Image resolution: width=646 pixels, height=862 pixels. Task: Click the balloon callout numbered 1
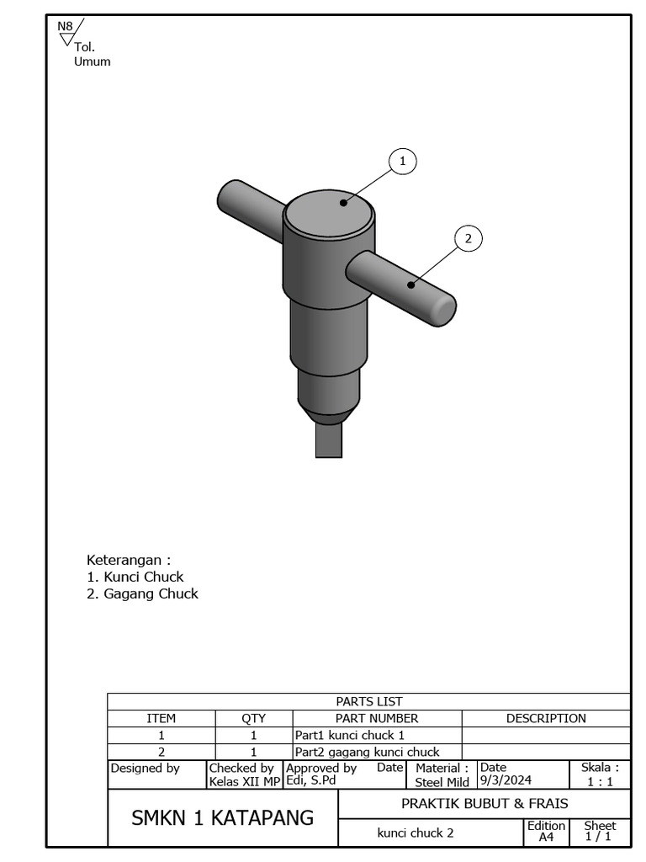(402, 161)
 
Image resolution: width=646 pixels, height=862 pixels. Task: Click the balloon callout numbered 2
(469, 238)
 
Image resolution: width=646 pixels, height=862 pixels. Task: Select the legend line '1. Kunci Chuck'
(135, 577)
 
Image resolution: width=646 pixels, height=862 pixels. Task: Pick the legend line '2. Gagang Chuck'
(142, 593)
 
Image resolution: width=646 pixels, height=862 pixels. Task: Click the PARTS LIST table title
(368, 701)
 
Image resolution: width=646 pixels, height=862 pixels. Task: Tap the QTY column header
(253, 718)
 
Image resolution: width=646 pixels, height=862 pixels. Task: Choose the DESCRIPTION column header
(546, 718)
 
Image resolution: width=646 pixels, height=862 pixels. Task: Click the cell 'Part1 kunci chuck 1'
(349, 735)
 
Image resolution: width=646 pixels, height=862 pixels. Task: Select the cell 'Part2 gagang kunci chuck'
(367, 752)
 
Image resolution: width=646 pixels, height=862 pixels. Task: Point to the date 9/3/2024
(506, 780)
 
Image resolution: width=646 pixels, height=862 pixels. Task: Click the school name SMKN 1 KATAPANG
(222, 817)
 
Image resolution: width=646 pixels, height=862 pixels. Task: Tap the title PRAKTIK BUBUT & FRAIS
(484, 803)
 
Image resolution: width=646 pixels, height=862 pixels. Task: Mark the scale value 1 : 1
(600, 781)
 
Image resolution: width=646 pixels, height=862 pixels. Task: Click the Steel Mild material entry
(442, 782)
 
